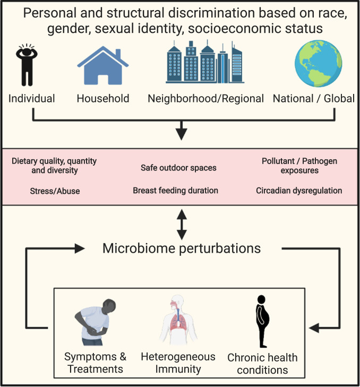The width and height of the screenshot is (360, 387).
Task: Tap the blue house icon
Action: click(x=103, y=67)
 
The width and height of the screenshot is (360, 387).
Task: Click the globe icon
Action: click(x=318, y=65)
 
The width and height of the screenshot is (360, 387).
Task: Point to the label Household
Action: click(x=103, y=98)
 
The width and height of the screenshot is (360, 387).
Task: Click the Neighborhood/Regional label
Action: click(x=205, y=98)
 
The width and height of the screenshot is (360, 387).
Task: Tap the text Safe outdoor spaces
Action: click(x=178, y=168)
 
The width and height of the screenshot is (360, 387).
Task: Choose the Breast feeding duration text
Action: click(x=176, y=190)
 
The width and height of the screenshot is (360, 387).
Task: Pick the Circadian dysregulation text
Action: click(x=298, y=190)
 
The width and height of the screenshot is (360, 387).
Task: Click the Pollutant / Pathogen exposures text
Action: click(x=299, y=166)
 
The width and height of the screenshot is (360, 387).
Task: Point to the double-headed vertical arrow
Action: click(x=182, y=225)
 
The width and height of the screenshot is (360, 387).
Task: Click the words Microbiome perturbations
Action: click(x=182, y=248)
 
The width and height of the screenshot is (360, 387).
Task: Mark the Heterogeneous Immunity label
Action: click(x=177, y=363)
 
